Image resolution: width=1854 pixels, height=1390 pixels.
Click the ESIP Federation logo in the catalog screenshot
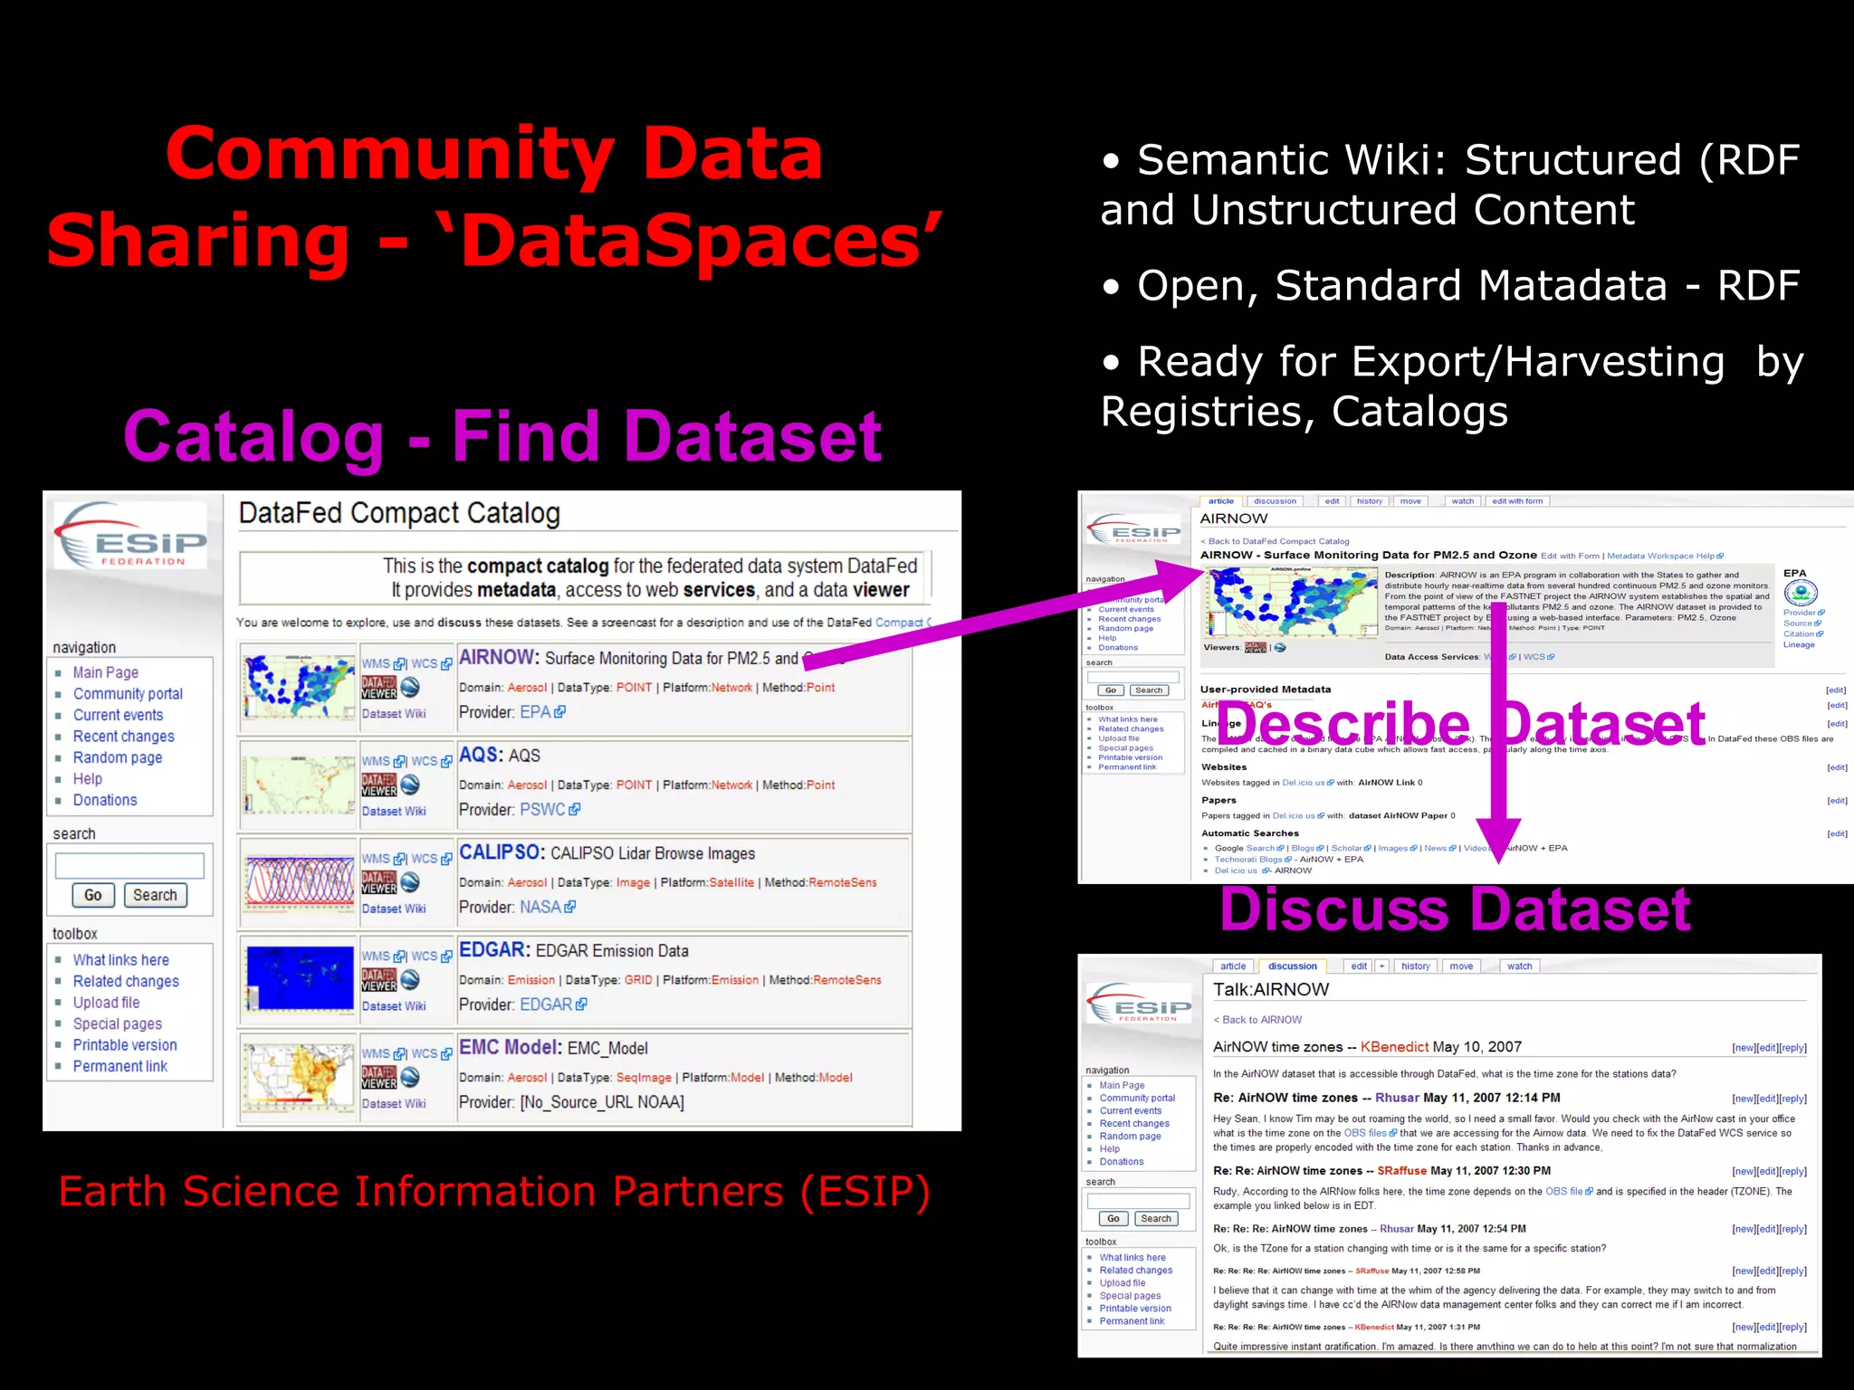tap(131, 536)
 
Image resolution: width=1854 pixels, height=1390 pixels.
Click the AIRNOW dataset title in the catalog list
tap(498, 657)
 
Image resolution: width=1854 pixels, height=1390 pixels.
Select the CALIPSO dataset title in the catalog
tap(501, 852)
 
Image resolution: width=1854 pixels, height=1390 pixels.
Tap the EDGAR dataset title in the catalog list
tap(493, 950)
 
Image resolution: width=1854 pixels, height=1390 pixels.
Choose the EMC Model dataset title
tap(510, 1047)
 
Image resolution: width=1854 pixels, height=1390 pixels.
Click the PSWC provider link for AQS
tap(543, 809)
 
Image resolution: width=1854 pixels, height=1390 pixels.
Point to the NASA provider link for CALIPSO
tap(540, 907)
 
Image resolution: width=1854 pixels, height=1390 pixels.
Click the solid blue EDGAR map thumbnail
tap(300, 980)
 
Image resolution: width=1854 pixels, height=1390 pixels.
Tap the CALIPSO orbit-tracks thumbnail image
tap(300, 882)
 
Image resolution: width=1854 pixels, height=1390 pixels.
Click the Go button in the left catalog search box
tap(93, 895)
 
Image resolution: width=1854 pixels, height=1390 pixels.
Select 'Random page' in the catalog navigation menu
tap(118, 757)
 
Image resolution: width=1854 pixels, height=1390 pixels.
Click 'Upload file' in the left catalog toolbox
tap(106, 1003)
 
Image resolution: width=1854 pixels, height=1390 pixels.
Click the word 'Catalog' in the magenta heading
tap(254, 437)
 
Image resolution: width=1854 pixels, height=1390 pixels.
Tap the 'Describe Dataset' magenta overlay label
tap(1460, 724)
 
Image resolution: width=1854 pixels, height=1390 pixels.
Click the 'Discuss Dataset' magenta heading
tap(1455, 909)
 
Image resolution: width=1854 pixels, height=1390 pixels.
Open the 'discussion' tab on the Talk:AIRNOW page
tap(1292, 966)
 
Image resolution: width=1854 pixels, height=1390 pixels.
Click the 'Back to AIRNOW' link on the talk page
tap(1262, 1020)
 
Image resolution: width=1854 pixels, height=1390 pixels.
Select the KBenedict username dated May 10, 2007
tap(1394, 1047)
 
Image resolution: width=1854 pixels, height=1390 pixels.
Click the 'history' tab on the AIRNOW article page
tap(1369, 501)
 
